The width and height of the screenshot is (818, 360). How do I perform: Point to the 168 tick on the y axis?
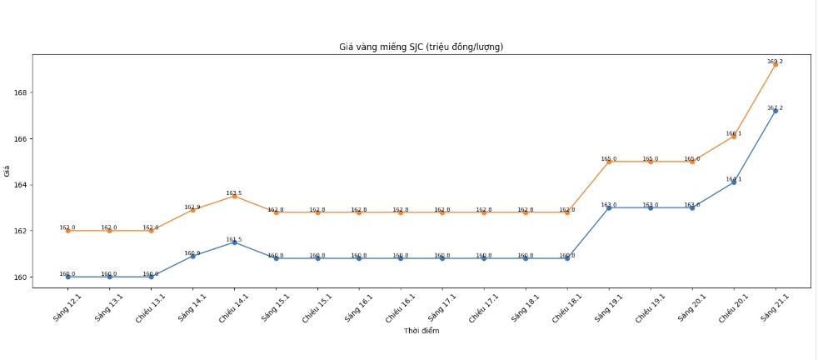pyautogui.click(x=20, y=92)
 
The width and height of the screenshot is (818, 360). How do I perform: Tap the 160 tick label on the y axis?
pyautogui.click(x=20, y=277)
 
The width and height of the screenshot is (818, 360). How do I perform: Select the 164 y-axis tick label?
pyautogui.click(x=20, y=185)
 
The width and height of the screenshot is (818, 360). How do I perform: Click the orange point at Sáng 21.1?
pyautogui.click(x=776, y=64)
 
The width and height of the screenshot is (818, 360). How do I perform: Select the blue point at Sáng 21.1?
pyautogui.click(x=776, y=111)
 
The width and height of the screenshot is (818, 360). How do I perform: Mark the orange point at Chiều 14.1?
pyautogui.click(x=234, y=196)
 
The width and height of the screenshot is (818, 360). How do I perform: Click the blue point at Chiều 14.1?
pyautogui.click(x=234, y=242)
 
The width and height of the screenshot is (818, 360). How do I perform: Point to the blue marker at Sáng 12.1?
pyautogui.click(x=67, y=277)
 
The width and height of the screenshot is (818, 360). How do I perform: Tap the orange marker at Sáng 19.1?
pyautogui.click(x=609, y=162)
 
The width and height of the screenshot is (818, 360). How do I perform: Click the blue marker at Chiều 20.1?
pyautogui.click(x=734, y=182)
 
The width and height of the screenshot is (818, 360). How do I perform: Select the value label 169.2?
pyautogui.click(x=775, y=61)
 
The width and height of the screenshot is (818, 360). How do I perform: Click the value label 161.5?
pyautogui.click(x=234, y=239)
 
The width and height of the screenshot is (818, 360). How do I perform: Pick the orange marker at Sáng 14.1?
pyautogui.click(x=192, y=210)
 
